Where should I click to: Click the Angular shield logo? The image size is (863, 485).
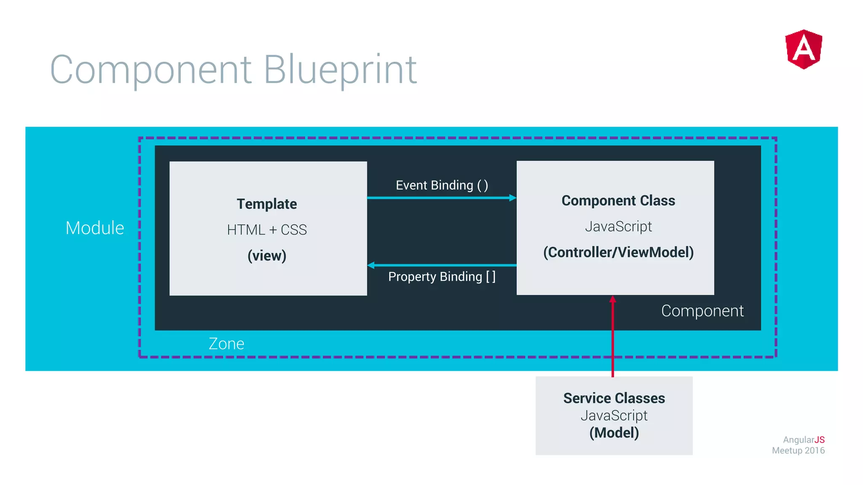(804, 49)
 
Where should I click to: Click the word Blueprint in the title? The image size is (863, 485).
(340, 69)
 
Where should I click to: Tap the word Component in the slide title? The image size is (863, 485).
(150, 69)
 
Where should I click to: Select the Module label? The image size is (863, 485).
(95, 228)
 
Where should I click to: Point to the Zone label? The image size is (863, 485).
(226, 344)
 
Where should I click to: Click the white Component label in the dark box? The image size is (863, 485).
(702, 311)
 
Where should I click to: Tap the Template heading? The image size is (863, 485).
(267, 204)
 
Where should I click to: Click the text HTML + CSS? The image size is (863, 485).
(267, 230)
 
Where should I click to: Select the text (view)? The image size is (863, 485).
(267, 256)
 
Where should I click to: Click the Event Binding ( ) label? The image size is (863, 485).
(442, 185)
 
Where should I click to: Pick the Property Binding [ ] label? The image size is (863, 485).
(442, 277)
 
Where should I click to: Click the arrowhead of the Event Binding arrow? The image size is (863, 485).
(512, 198)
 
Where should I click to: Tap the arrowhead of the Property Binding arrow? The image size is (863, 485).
(371, 265)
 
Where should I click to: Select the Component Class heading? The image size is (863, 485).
(618, 200)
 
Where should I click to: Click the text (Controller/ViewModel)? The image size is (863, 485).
(618, 252)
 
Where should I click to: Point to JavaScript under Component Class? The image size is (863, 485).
(618, 227)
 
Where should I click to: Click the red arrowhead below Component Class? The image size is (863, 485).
(613, 299)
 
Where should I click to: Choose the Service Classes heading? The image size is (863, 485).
(614, 398)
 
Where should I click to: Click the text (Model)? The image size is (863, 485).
(614, 433)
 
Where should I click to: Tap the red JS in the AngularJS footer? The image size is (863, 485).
(819, 440)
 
